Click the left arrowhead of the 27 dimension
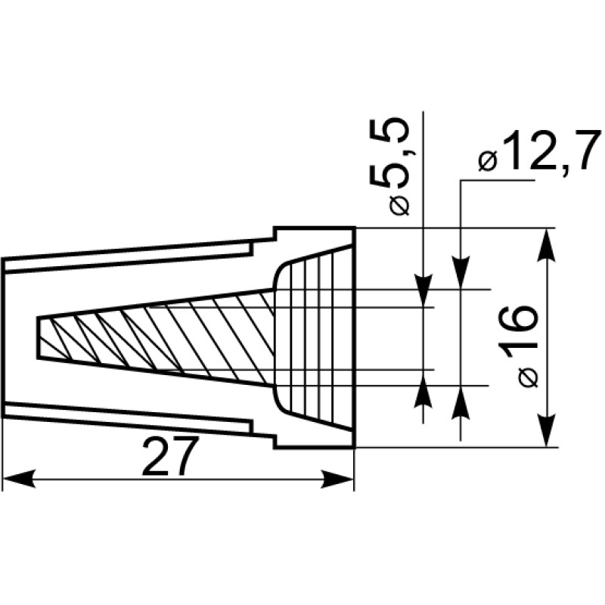(x=20, y=479)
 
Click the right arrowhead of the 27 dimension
(x=337, y=479)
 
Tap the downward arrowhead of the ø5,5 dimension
(x=423, y=290)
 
